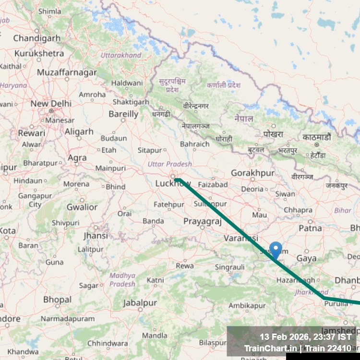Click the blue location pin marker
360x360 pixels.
pyautogui.click(x=276, y=250)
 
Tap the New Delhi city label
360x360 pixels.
pyautogui.click(x=51, y=103)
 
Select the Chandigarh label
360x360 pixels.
pyautogui.click(x=37, y=38)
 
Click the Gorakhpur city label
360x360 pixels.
pyautogui.click(x=252, y=173)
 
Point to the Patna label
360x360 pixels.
pyautogui.click(x=310, y=228)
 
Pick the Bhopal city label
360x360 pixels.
pyautogui.click(x=57, y=300)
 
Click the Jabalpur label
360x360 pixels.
pyautogui.click(x=140, y=303)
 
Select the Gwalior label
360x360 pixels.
pyautogui.click(x=82, y=207)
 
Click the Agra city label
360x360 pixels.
pyautogui.click(x=77, y=157)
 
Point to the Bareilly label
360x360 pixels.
pyautogui.click(x=123, y=114)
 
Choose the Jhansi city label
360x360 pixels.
pyautogui.click(x=96, y=236)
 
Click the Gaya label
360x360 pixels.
pyautogui.click(x=307, y=258)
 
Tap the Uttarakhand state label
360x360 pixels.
pyautogui.click(x=121, y=55)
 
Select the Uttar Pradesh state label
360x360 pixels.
pyautogui.click(x=169, y=164)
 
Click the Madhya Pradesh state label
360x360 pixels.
pyautogui.click(x=122, y=279)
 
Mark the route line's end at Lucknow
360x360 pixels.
pyautogui.click(x=176, y=180)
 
